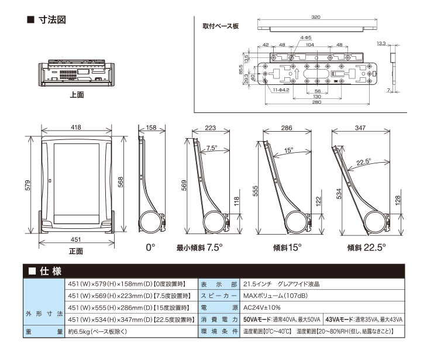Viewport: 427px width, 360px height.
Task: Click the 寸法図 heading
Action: tap(52, 20)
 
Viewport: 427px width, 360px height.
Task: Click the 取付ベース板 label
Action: tap(221, 26)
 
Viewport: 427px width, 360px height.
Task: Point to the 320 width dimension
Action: tap(316, 17)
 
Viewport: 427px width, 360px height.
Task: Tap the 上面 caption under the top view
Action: tap(77, 95)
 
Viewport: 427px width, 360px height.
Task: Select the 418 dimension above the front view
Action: tap(76, 127)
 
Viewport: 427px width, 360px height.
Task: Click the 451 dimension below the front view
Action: tap(75, 239)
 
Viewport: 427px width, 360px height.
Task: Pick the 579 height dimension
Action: tap(27, 185)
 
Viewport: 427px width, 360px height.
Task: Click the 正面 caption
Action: tap(76, 251)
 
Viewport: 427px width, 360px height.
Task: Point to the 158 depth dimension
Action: tap(151, 128)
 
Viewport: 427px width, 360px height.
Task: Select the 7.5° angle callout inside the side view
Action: tap(212, 148)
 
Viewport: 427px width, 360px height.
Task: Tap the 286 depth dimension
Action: tap(287, 128)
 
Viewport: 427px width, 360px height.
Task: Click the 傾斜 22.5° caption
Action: tap(367, 248)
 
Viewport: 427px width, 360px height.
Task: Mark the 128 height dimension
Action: tap(398, 201)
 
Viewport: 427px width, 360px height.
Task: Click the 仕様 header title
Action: tap(51, 272)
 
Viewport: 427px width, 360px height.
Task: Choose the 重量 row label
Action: tap(44, 332)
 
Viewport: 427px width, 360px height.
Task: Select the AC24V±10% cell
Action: tap(261, 308)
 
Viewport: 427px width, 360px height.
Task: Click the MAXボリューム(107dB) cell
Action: tap(276, 296)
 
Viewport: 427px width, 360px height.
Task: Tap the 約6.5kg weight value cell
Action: tap(97, 332)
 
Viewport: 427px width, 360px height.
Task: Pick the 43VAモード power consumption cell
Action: tap(364, 320)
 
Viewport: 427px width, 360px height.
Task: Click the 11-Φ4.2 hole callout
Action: tap(281, 90)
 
